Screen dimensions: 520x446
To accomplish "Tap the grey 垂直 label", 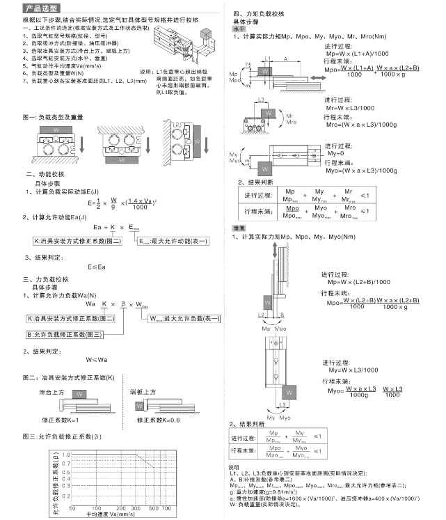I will tap(238, 228).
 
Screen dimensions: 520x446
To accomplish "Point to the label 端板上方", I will tap(143, 393).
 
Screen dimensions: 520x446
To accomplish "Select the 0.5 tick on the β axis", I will tap(66, 473).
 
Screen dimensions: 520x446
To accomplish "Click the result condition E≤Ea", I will tap(97, 266).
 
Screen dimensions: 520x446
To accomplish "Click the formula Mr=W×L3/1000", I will tap(351, 108).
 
